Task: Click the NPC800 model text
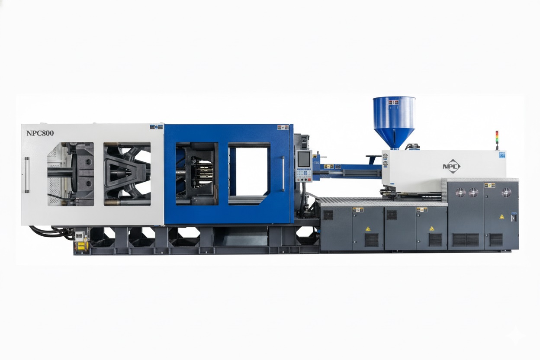pos(40,133)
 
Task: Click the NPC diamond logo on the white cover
pos(451,166)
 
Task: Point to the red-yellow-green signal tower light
pos(497,139)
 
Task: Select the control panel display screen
pos(304,159)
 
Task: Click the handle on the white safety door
pos(27,175)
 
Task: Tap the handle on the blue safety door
pos(283,174)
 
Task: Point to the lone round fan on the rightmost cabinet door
pos(506,193)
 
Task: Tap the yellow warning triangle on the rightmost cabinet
pos(501,216)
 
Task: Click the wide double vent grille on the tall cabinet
pos(466,239)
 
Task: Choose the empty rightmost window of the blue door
pos(249,171)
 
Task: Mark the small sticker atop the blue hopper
pos(394,103)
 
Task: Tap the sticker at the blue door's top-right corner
pos(283,128)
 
